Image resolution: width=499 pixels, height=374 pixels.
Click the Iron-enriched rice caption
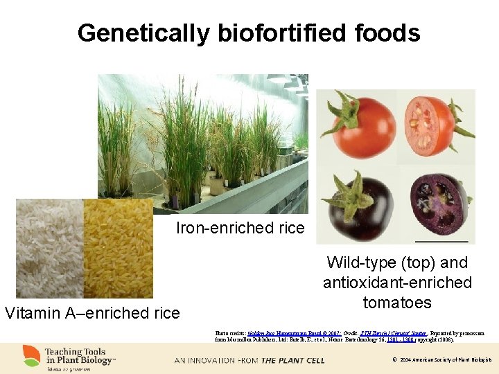pos(240,228)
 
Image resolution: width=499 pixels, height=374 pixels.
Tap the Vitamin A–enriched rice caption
pos(92,313)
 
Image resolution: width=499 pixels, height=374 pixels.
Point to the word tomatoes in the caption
pos(397,303)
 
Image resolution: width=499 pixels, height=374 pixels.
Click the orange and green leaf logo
pos(31,355)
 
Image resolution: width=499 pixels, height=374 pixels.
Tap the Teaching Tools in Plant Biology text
pos(80,355)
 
